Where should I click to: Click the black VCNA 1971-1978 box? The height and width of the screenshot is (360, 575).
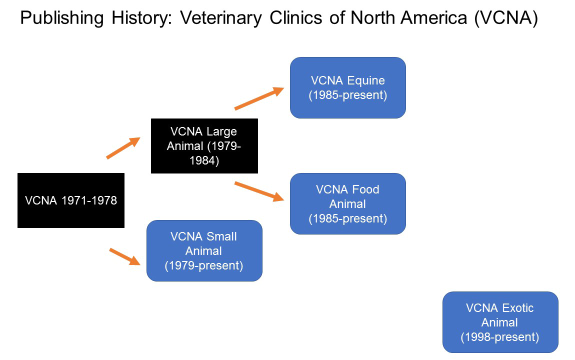click(70, 200)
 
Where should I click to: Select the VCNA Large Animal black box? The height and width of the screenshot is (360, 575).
click(204, 146)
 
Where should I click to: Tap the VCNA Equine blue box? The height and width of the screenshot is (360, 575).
click(347, 87)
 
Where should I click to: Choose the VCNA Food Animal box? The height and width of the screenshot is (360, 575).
click(347, 203)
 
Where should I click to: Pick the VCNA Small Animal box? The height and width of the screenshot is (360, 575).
click(204, 250)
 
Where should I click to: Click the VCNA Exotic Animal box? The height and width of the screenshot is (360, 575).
click(500, 322)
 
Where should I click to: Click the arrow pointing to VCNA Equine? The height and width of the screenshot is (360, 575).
click(259, 98)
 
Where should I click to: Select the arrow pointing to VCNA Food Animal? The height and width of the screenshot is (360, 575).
click(259, 191)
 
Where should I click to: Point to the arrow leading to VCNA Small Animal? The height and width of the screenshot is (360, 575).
click(124, 256)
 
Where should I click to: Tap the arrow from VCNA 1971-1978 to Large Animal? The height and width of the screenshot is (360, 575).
click(122, 148)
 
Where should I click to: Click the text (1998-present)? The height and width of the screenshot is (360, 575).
click(500, 337)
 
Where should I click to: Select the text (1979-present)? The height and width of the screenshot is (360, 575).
click(204, 265)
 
